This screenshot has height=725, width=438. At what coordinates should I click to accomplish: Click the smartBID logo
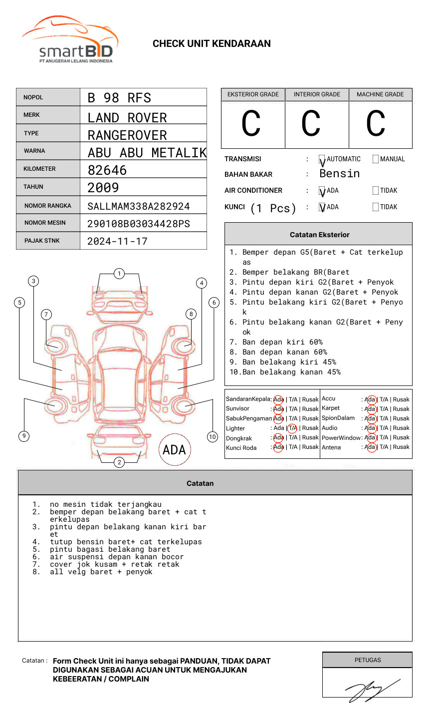click(70, 40)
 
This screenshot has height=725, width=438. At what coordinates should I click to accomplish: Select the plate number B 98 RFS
click(119, 98)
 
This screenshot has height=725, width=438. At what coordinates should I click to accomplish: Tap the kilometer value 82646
click(107, 170)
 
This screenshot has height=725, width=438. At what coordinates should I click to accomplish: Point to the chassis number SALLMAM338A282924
click(139, 206)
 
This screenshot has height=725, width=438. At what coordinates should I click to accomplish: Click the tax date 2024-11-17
click(117, 241)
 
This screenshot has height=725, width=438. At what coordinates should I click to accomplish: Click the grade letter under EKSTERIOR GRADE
click(251, 124)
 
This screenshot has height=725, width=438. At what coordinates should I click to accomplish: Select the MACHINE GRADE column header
click(380, 94)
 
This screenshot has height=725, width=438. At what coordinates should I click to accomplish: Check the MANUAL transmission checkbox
click(376, 159)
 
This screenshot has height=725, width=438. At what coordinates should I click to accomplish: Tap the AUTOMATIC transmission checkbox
click(322, 160)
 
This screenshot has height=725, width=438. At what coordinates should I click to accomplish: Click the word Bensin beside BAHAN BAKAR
click(339, 174)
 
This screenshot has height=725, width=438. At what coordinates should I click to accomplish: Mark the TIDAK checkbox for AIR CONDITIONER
click(376, 190)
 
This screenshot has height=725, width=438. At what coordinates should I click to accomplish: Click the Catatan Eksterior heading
click(319, 235)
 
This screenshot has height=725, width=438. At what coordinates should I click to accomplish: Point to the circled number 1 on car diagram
click(119, 274)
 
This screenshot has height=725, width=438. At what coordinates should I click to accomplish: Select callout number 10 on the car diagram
click(213, 437)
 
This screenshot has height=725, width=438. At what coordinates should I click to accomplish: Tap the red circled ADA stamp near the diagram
click(174, 450)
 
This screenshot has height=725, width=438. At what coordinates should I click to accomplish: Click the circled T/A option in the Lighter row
click(292, 428)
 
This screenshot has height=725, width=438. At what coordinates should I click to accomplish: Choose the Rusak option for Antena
click(401, 447)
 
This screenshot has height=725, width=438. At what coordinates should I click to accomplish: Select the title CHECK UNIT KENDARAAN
click(212, 44)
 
